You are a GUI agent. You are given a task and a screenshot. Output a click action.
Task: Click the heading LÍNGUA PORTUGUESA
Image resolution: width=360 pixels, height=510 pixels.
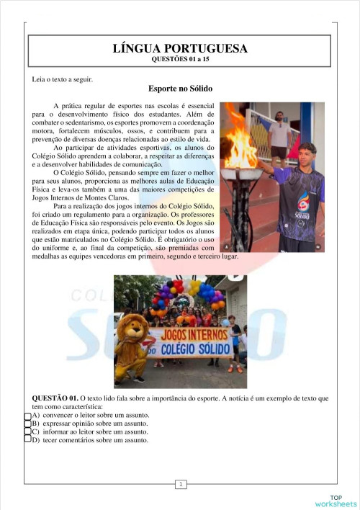tap(180, 49)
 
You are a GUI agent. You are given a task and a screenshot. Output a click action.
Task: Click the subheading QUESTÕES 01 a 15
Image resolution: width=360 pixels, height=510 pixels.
tap(180, 60)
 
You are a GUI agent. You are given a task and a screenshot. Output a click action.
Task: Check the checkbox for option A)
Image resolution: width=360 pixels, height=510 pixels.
tap(27, 416)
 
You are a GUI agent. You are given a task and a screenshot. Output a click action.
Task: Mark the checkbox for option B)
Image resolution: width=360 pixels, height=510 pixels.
tap(27, 424)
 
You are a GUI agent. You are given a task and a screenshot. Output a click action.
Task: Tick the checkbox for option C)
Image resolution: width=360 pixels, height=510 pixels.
tap(27, 431)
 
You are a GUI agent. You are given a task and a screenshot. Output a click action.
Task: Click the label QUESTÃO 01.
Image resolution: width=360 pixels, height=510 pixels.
tap(55, 398)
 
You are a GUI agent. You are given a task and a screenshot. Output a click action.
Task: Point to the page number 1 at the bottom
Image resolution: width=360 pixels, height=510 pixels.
tap(180, 484)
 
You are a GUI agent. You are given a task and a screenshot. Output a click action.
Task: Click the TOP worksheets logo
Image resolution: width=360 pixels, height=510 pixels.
tap(336, 501)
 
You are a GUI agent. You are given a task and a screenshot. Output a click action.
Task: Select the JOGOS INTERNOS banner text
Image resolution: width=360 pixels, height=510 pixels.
tap(190, 336)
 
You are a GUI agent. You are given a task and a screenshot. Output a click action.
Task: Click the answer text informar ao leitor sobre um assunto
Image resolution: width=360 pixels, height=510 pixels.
tap(85, 431)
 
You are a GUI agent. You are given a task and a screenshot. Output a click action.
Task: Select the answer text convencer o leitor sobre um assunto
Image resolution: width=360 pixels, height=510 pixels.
tap(89, 416)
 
